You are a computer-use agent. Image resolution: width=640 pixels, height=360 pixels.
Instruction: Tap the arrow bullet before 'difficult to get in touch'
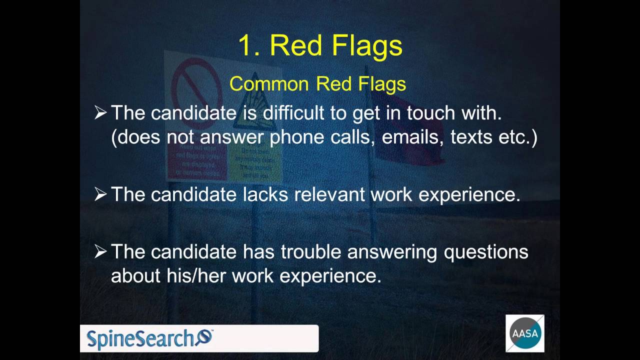tap(100, 113)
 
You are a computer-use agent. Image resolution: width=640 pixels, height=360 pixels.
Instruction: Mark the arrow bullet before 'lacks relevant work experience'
tap(100, 194)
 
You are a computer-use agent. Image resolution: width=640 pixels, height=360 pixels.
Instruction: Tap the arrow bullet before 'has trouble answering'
tap(100, 252)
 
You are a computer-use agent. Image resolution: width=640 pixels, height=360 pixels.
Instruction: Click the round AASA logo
tap(524, 333)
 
